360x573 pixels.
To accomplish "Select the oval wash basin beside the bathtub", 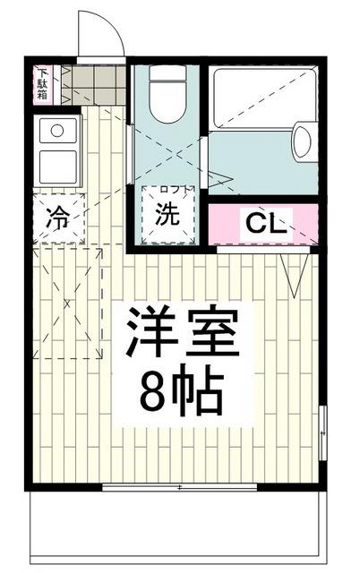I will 303,142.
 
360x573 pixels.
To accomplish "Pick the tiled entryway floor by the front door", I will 96,87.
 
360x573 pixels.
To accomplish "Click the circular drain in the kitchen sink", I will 56,131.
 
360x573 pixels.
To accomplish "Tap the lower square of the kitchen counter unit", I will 58,167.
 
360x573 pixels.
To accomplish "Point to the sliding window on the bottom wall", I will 179,487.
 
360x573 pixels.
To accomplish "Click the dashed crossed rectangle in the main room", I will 68,304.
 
